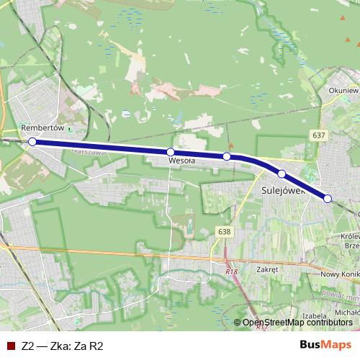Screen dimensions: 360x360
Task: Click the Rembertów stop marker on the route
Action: pos(32,142)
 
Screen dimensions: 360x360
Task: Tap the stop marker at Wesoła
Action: pos(171,152)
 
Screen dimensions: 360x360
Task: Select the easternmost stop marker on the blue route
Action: pos(328,199)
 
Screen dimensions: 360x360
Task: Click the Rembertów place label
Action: pos(43,127)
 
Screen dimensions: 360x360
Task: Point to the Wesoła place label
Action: pos(181,162)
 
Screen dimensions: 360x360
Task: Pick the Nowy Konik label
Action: pos(339,274)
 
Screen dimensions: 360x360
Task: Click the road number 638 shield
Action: pos(224,231)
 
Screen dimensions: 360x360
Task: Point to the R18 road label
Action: pos(230,271)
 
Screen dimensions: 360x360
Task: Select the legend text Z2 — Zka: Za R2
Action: pos(63,346)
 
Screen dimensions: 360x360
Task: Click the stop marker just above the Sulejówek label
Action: pos(282,174)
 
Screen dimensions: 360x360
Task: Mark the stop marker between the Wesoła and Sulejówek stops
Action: pos(226,156)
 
